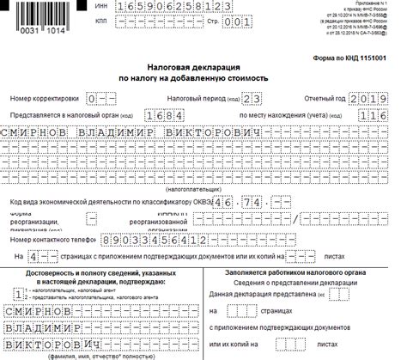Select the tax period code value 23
tap(228, 101)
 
